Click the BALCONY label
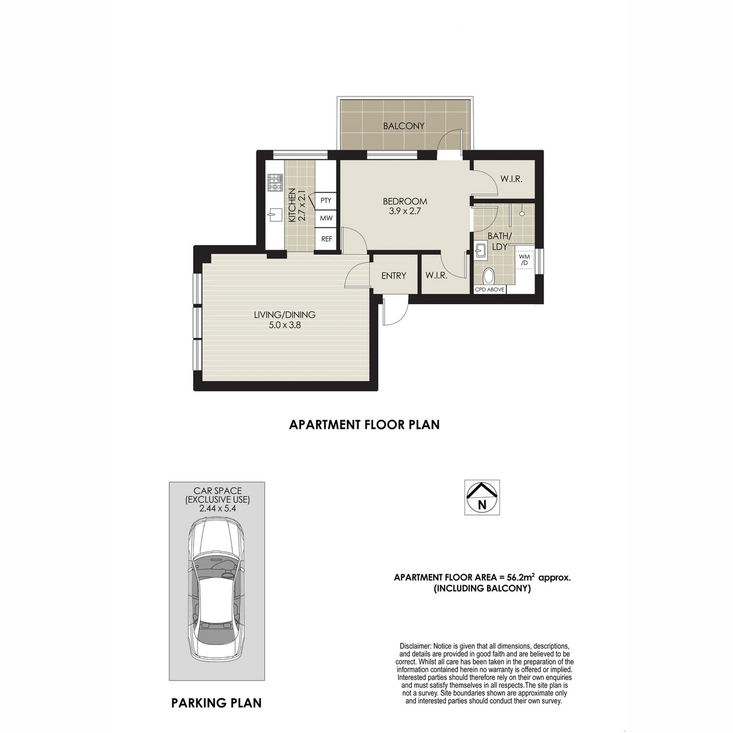pos(403,126)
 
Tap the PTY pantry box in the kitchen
pos(326,200)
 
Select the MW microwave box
pos(326,218)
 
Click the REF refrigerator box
pos(326,239)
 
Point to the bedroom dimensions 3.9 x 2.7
pos(404,211)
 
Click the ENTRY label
pos(393,275)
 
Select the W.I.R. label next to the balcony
pos(510,179)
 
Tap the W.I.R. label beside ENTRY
pos(436,275)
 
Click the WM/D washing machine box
pos(523,260)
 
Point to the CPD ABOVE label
pos(489,290)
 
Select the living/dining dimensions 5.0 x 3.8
pos(285,325)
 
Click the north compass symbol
pos(482,497)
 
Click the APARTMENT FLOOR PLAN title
pos(364,425)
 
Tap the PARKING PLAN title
pos(216,703)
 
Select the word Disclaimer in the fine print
pos(414,646)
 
